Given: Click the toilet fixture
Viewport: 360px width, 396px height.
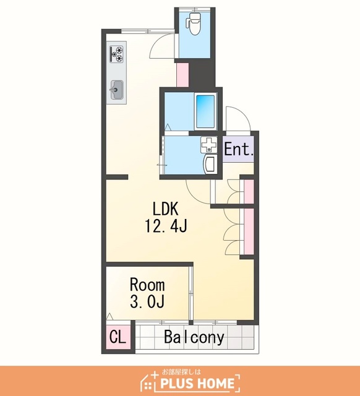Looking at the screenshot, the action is (194, 24).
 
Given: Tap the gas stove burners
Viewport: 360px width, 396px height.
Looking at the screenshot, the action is (116, 54).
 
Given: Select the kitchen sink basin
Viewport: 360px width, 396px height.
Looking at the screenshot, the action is (117, 90).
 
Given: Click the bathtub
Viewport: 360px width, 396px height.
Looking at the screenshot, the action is (205, 111).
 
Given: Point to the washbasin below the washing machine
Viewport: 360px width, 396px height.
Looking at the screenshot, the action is (210, 165).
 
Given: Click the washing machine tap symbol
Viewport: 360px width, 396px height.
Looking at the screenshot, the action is (209, 145).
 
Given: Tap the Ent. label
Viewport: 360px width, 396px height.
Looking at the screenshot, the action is (239, 149).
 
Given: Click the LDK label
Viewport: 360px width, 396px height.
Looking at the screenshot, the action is (166, 209).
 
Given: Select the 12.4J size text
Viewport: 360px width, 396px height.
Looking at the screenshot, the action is (166, 225).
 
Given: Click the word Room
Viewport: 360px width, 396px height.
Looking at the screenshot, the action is (147, 285).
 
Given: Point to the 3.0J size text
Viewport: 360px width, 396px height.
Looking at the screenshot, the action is (147, 301).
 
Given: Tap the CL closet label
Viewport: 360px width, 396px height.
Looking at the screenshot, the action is (118, 337).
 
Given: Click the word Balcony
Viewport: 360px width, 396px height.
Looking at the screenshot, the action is (194, 337).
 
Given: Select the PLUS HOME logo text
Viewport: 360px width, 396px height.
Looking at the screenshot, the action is (198, 384).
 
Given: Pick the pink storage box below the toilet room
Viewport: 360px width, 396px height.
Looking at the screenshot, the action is (182, 74).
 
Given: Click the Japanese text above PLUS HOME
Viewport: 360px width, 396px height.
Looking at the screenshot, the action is (181, 372).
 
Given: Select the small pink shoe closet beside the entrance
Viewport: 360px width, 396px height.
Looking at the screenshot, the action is (249, 191).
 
